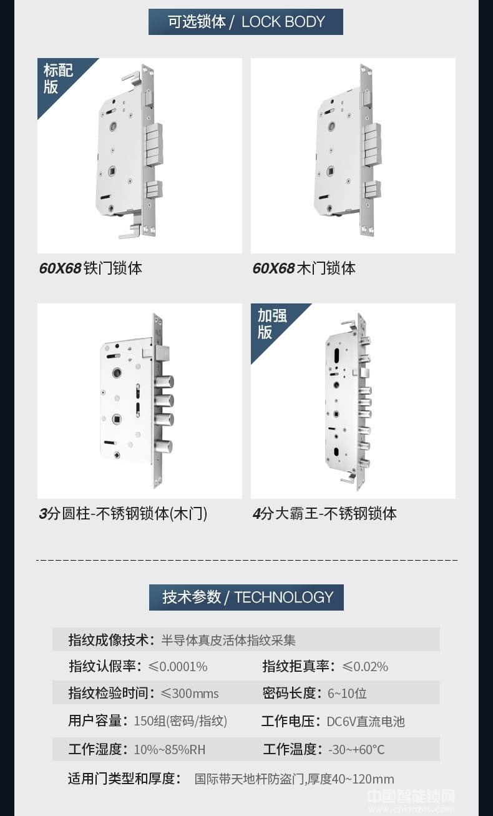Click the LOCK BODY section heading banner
(246, 22)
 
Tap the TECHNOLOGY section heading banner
(246, 597)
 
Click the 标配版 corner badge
(57, 78)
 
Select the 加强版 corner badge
(271, 323)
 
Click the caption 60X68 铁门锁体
(90, 268)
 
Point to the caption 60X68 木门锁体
(304, 268)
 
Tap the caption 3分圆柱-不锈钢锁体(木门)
(123, 514)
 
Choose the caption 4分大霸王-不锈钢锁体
(325, 514)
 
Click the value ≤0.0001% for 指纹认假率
(178, 667)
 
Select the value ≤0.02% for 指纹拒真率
(365, 667)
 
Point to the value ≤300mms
(190, 694)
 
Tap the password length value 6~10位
(347, 694)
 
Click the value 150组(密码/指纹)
(180, 721)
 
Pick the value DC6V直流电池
(366, 722)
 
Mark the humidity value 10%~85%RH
(170, 750)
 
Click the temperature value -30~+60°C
(356, 750)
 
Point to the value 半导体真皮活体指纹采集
(228, 641)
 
